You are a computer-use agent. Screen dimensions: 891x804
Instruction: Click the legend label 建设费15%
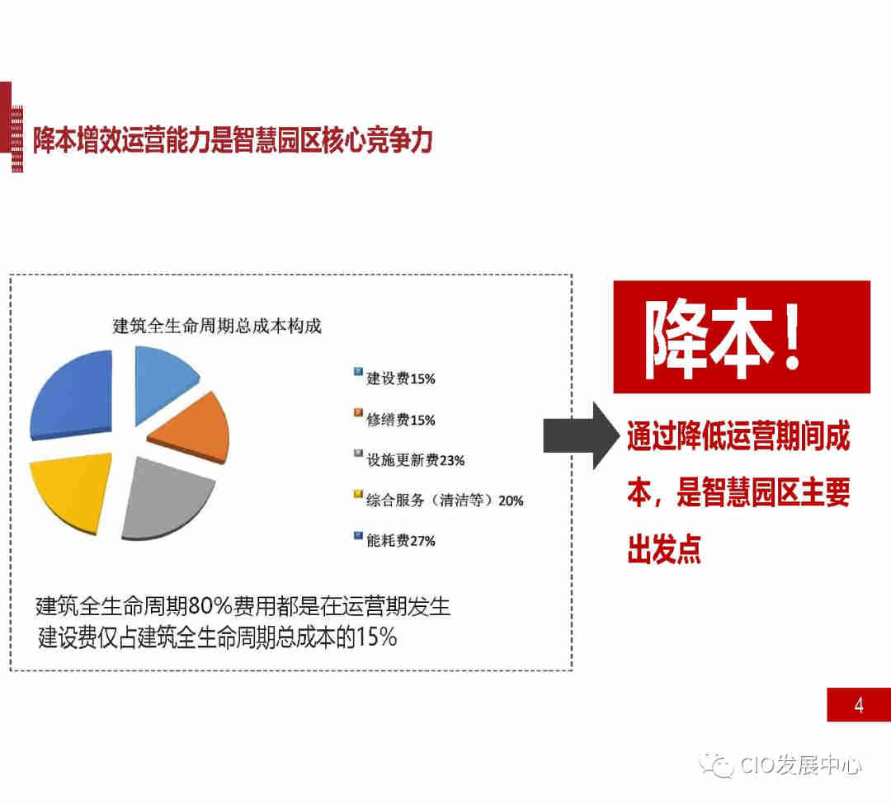click(x=401, y=378)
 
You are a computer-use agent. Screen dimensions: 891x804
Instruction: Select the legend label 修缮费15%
click(x=401, y=420)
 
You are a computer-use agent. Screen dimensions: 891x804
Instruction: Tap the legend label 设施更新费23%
click(x=415, y=460)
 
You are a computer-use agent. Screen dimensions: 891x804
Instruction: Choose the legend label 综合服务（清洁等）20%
click(x=445, y=501)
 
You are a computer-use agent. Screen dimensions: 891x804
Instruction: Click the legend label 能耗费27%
click(x=401, y=541)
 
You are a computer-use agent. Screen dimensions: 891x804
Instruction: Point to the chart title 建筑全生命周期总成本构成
click(x=217, y=326)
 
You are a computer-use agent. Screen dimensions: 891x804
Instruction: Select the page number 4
click(x=859, y=705)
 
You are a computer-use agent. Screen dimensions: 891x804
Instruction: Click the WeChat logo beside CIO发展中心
click(x=717, y=764)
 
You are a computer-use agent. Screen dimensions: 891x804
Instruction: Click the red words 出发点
click(x=664, y=548)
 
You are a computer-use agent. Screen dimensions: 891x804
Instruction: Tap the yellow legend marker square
click(x=358, y=494)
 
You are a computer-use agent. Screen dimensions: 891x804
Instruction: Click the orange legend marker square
click(x=358, y=413)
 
